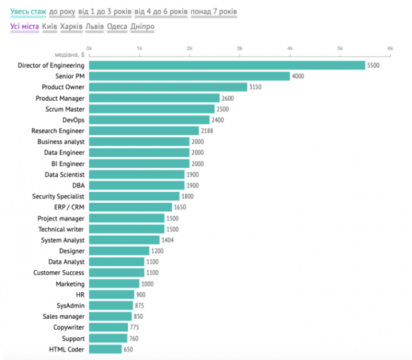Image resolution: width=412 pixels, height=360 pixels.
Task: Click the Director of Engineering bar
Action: (227, 65)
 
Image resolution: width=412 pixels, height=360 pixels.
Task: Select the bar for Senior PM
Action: (189, 76)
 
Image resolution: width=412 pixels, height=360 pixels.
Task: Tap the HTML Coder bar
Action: (105, 349)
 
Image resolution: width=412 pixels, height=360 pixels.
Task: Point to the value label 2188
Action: (208, 131)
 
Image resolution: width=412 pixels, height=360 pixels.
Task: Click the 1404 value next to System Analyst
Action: (168, 240)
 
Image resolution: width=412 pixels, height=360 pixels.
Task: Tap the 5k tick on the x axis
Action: (340, 49)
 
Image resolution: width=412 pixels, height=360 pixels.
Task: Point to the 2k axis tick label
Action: (189, 49)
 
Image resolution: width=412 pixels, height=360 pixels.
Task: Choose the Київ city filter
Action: (48, 26)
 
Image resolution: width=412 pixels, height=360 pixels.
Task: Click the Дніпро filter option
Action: (142, 26)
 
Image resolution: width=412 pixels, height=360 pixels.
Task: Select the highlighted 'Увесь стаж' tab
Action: (28, 11)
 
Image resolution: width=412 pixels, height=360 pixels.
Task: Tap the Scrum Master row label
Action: (65, 109)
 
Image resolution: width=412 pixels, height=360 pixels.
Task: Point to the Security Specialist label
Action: (58, 196)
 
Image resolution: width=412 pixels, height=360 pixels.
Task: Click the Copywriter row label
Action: (69, 327)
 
